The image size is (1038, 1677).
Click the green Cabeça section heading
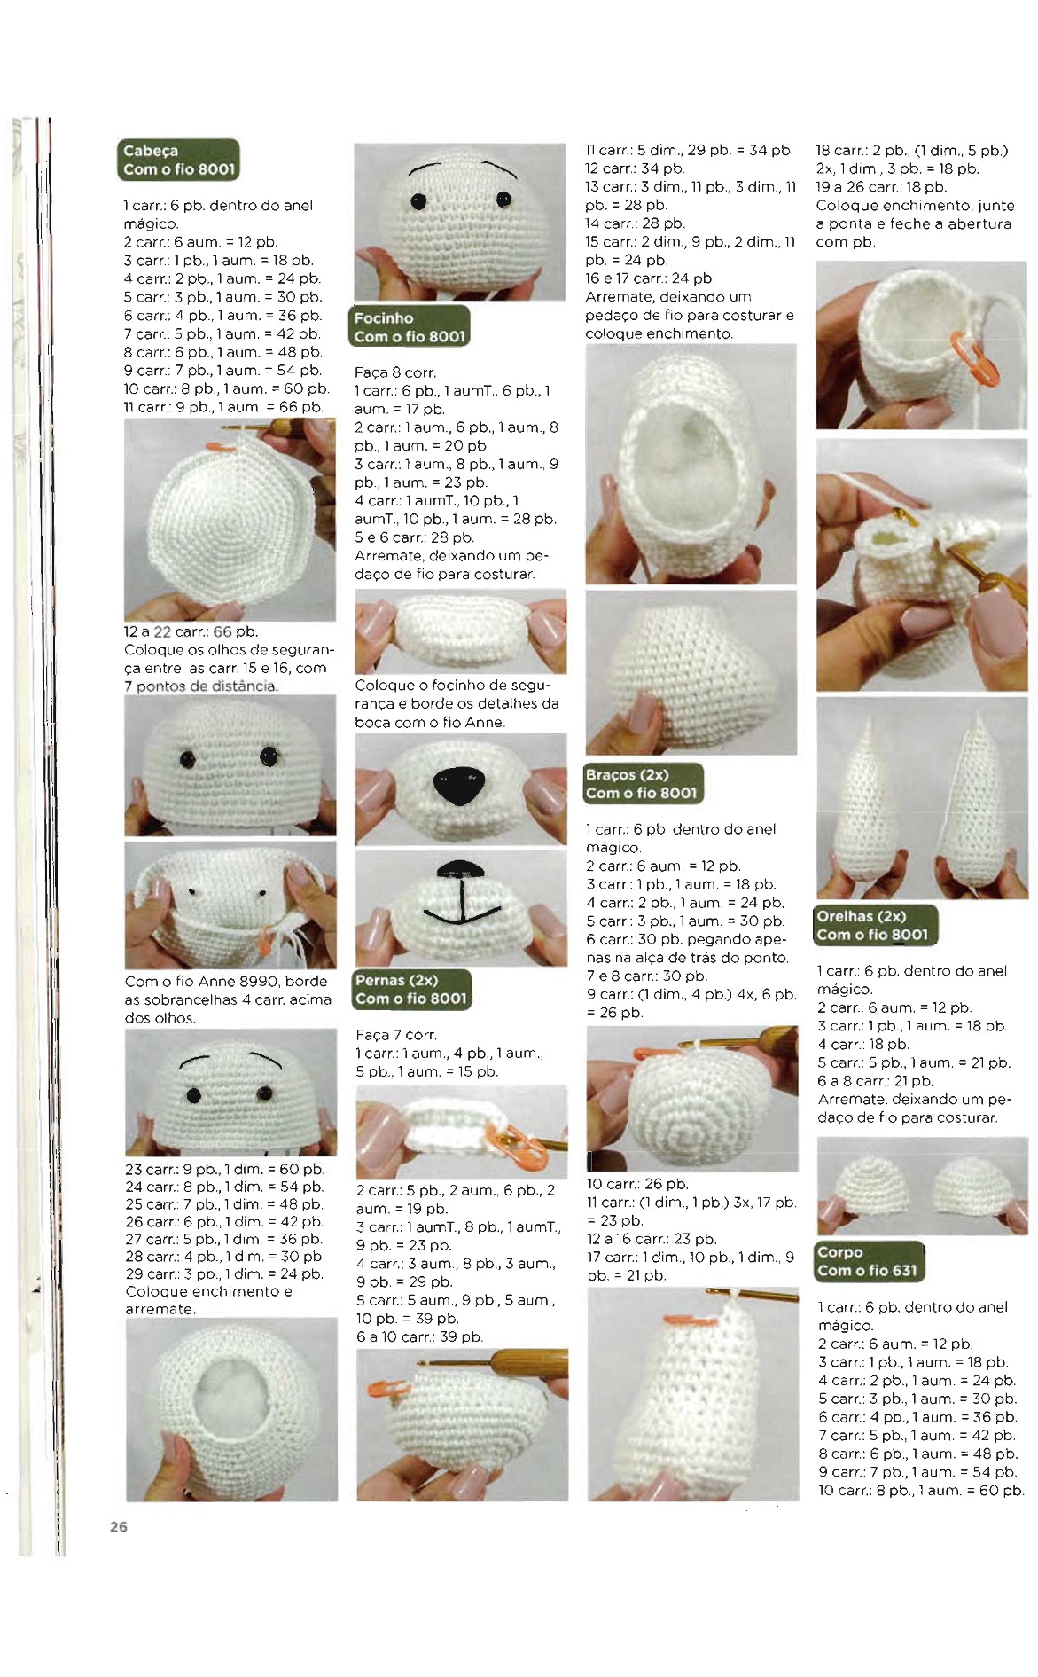[x=178, y=160]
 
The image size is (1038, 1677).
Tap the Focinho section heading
[x=410, y=326]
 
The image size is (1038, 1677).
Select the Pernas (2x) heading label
[x=411, y=989]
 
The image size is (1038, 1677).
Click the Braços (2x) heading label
[x=643, y=784]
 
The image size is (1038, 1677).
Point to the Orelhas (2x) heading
[x=874, y=925]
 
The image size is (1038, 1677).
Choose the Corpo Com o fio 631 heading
[x=868, y=1261]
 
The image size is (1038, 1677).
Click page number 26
[x=119, y=1526]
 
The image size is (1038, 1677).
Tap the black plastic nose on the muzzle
[x=459, y=786]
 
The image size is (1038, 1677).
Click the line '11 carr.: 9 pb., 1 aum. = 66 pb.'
[x=223, y=407]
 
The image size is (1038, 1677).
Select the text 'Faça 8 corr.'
[x=395, y=372]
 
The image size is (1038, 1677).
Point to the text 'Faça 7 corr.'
[x=396, y=1035]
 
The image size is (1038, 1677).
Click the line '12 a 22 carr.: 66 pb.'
[x=191, y=631]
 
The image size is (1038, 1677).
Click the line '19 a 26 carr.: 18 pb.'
[x=881, y=187]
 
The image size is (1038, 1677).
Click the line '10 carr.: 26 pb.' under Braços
[x=637, y=1184]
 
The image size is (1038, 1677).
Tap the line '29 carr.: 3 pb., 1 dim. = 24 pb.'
[x=224, y=1273]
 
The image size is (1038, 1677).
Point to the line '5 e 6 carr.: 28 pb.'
[x=414, y=537]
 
